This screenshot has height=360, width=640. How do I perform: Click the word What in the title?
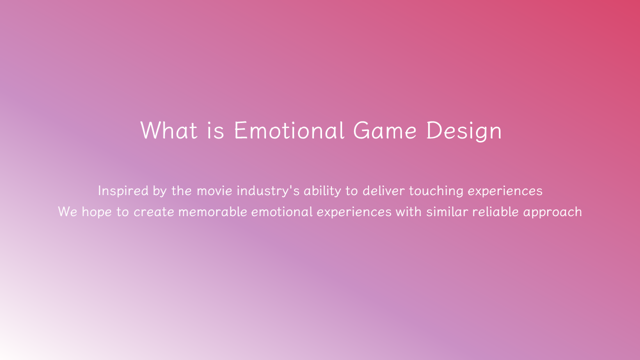[x=169, y=130]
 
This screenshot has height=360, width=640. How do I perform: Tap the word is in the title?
[x=215, y=130]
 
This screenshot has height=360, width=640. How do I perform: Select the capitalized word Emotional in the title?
[x=289, y=130]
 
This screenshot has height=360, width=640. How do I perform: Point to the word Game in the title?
[x=385, y=130]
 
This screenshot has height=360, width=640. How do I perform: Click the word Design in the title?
[x=464, y=131]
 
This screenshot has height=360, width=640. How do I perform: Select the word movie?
[x=214, y=191]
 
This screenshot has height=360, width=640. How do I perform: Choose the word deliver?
[x=383, y=191]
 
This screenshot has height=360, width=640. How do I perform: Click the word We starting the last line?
[x=67, y=212]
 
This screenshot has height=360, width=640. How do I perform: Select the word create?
[x=153, y=212]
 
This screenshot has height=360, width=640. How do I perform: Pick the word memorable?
[x=213, y=212]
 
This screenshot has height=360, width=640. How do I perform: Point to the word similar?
[x=447, y=212]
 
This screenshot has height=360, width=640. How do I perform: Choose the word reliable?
[x=495, y=212]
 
